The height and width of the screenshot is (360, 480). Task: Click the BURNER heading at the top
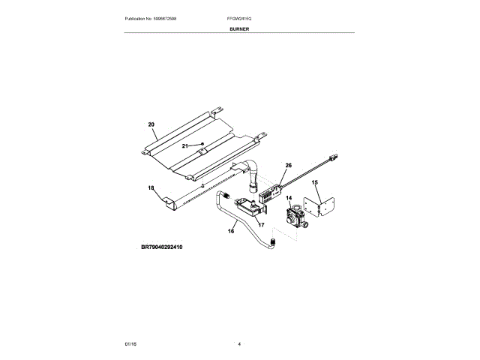point(240,28)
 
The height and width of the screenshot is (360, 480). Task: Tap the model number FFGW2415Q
point(240,17)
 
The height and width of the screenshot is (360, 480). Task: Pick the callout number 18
point(151,187)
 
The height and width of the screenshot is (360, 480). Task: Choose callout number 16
point(231,231)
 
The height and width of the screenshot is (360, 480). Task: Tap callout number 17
point(262,223)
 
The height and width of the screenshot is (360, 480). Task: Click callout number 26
point(288,166)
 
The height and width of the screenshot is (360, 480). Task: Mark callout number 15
point(315,182)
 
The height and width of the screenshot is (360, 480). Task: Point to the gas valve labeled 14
point(293,217)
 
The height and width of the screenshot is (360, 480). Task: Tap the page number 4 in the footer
point(239,343)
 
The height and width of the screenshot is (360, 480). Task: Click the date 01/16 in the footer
point(130,343)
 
